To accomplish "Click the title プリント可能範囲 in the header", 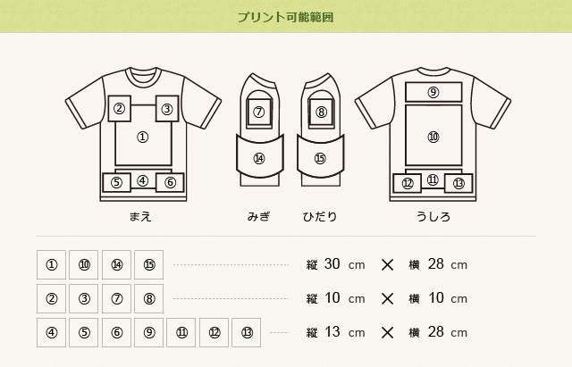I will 286,17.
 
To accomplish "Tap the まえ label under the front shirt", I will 142,217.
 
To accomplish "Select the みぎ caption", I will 258,217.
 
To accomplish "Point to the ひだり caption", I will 319,217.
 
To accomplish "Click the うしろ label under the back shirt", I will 433,217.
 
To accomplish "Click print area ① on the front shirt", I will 142,137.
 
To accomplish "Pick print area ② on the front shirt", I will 121,109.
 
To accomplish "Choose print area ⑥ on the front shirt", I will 170,182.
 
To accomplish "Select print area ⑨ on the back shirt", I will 433,92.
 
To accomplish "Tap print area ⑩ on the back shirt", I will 433,137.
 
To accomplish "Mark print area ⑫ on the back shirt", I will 408,183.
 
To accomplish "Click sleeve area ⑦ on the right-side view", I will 259,112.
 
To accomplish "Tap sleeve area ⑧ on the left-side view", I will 321,112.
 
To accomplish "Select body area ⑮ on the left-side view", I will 320,158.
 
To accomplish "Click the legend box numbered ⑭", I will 116,264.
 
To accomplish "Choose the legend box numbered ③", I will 84,298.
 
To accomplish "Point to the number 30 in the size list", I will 332,264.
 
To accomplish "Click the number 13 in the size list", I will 332,332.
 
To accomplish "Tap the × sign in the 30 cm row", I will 387,264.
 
